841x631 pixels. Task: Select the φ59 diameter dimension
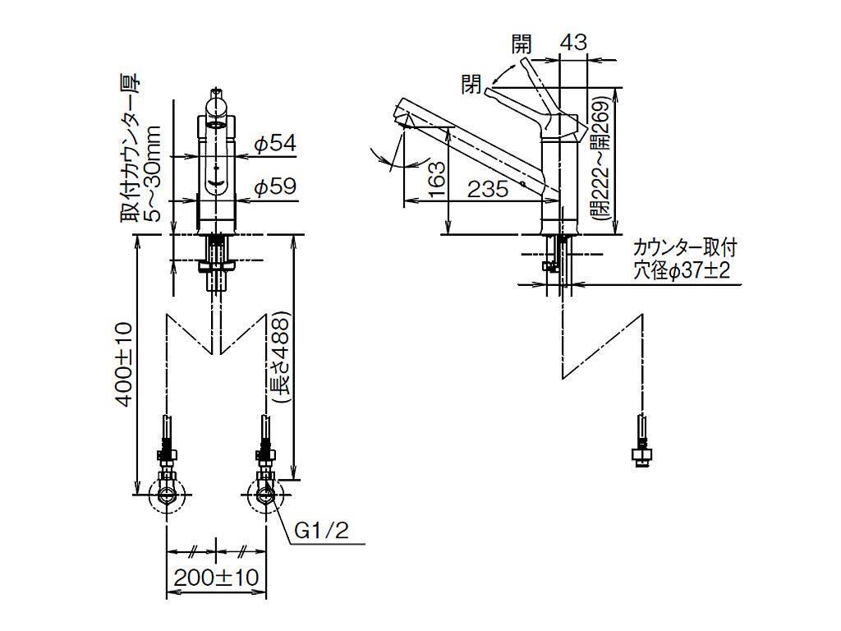275,187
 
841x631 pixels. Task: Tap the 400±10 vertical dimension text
124,364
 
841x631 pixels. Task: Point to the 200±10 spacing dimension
216,578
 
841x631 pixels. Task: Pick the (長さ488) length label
281,358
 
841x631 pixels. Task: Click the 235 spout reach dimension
488,188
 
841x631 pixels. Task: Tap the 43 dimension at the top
573,42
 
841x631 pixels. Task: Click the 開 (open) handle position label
522,44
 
